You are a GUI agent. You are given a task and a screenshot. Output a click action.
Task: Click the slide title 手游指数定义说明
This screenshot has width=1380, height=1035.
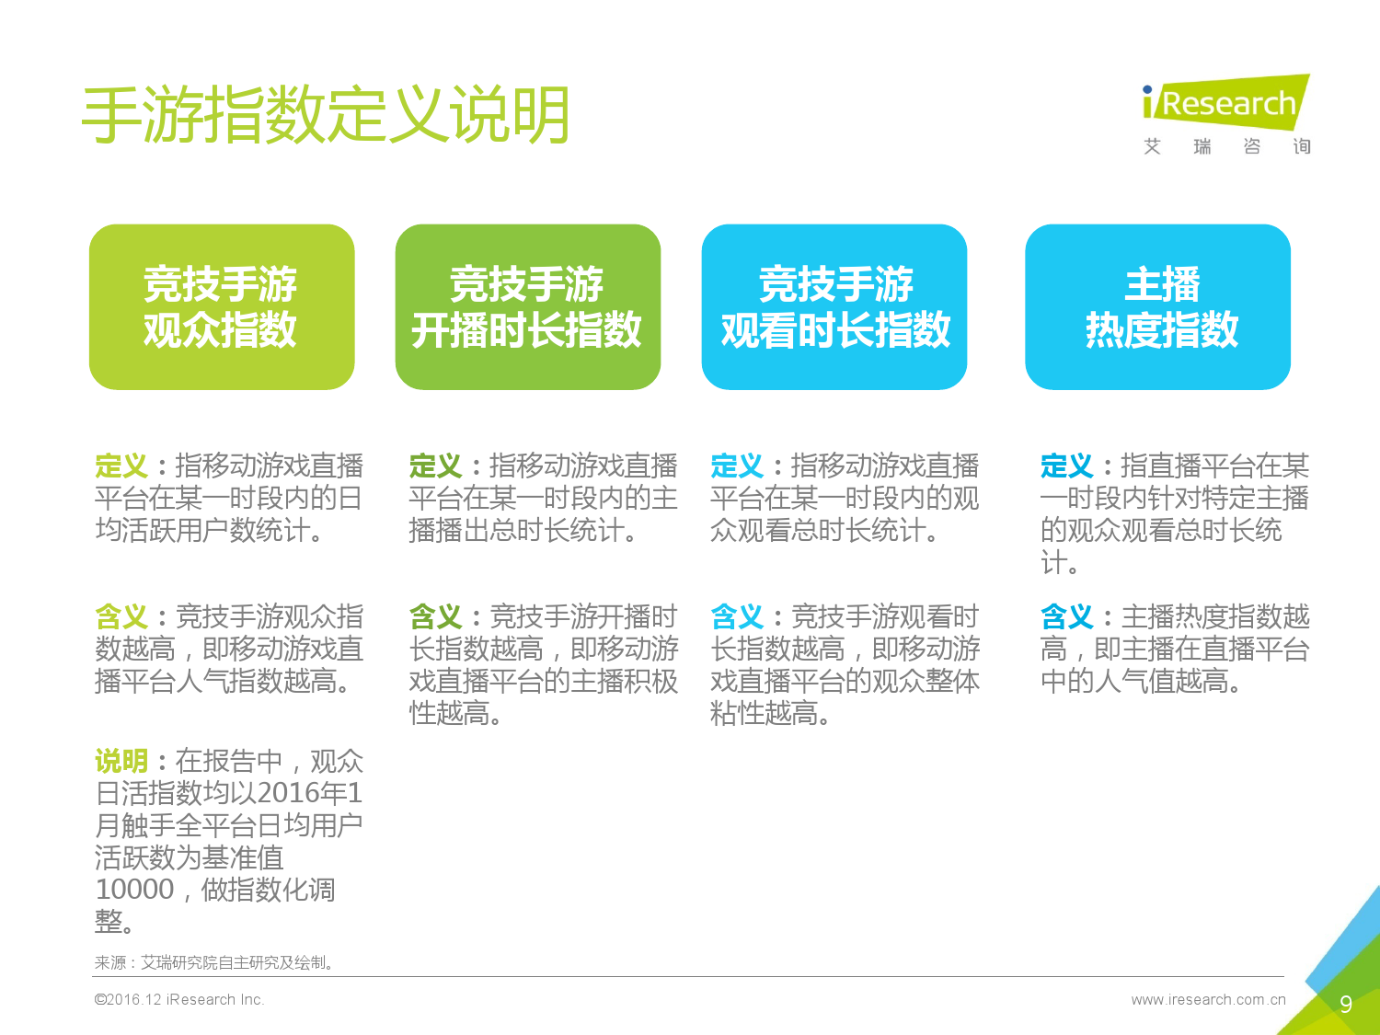pyautogui.click(x=326, y=114)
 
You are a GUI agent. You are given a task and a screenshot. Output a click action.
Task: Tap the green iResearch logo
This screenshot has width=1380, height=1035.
pyautogui.click(x=1226, y=102)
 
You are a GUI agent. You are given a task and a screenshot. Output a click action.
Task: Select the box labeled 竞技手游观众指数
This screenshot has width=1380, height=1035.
pyautogui.click(x=222, y=306)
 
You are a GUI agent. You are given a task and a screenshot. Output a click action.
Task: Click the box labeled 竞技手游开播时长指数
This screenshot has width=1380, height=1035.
pyautogui.click(x=528, y=306)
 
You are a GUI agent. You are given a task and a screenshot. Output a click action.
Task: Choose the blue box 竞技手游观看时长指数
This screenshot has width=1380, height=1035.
pyautogui.click(x=834, y=306)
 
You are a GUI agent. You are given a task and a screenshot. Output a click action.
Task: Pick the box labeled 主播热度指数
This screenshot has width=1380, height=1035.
pyautogui.click(x=1158, y=306)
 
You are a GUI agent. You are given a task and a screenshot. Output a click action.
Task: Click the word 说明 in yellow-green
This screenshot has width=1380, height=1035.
pyautogui.click(x=121, y=761)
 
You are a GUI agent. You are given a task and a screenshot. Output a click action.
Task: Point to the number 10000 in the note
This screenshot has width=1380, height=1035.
pyautogui.click(x=134, y=890)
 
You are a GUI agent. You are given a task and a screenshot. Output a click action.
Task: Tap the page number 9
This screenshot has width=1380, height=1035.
pyautogui.click(x=1345, y=1004)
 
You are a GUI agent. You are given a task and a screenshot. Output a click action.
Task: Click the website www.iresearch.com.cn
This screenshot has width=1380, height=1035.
pyautogui.click(x=1208, y=999)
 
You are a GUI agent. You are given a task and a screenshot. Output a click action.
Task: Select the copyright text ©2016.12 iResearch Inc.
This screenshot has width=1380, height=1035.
pyautogui.click(x=179, y=999)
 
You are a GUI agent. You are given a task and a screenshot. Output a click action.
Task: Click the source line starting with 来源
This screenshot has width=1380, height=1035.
pyautogui.click(x=213, y=962)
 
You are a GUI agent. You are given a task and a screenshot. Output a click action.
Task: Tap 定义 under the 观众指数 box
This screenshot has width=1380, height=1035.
pyautogui.click(x=121, y=466)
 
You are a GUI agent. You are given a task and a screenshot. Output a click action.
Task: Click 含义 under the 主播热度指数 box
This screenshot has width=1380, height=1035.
pyautogui.click(x=1067, y=616)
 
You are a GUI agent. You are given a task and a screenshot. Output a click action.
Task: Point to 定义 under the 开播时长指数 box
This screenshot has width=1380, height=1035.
pyautogui.click(x=436, y=466)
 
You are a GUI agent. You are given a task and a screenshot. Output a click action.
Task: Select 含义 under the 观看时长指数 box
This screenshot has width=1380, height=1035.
pyautogui.click(x=737, y=616)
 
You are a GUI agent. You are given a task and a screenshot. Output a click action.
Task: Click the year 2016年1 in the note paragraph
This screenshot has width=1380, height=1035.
pyautogui.click(x=309, y=793)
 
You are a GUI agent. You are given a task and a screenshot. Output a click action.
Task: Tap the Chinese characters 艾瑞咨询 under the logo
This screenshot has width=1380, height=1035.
pyautogui.click(x=1226, y=146)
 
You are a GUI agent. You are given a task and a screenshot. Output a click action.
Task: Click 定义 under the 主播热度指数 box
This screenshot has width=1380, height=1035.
pyautogui.click(x=1067, y=466)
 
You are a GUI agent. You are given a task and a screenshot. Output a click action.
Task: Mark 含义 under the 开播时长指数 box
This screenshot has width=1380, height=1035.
pyautogui.click(x=436, y=616)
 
